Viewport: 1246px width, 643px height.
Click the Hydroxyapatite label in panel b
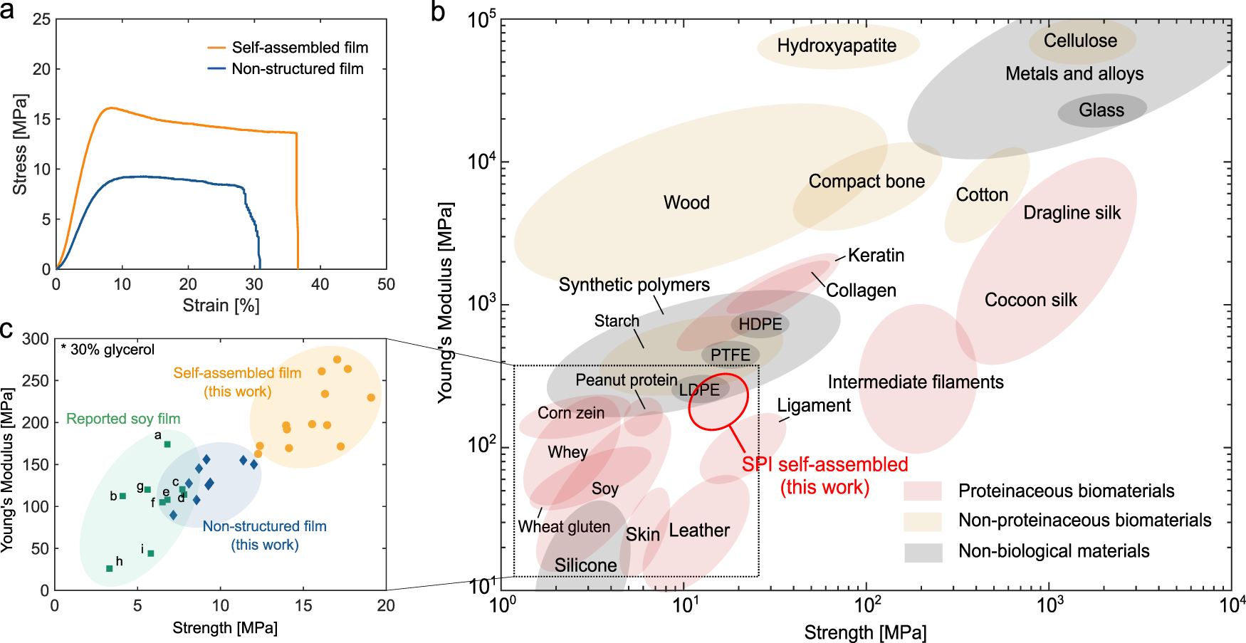tap(837, 46)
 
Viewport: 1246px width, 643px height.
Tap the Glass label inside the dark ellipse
tap(1101, 110)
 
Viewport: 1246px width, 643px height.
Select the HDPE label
tap(760, 325)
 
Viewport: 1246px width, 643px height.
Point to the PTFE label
tap(730, 355)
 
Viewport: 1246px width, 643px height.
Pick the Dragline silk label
tap(1072, 213)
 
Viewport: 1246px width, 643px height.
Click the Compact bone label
tap(867, 182)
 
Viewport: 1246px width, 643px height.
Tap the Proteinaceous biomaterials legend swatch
tap(922, 491)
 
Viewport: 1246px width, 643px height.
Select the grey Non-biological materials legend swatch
tap(922, 552)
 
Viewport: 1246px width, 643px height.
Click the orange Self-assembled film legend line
tap(216, 48)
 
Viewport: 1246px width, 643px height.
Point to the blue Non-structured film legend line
tap(216, 69)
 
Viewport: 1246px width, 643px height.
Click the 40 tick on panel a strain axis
tap(320, 284)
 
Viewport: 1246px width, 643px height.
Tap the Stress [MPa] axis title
tap(20, 144)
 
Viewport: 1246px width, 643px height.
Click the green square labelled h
tap(109, 568)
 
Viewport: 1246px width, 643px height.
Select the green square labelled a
tap(167, 444)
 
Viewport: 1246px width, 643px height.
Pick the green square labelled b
tap(122, 496)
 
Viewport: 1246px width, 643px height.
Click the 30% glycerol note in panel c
tap(108, 350)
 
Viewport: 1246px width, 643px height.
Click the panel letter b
tap(438, 11)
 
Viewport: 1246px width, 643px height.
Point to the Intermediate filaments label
tap(915, 382)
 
